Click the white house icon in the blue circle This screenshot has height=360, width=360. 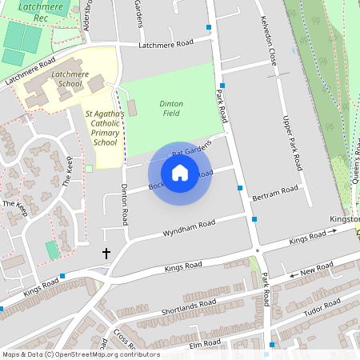pyautogui.click(x=180, y=172)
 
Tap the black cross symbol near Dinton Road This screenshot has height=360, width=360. pyautogui.click(x=106, y=253)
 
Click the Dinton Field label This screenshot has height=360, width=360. pyautogui.click(x=171, y=110)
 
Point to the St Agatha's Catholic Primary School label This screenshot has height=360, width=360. pyautogui.click(x=105, y=128)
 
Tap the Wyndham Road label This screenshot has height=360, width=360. pyautogui.click(x=190, y=227)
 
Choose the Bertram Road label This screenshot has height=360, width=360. pyautogui.click(x=274, y=193)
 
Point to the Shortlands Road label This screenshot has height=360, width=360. pyautogui.click(x=189, y=306)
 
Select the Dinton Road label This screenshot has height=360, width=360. pyautogui.click(x=124, y=203)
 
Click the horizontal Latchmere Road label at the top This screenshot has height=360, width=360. pyautogui.click(x=166, y=44)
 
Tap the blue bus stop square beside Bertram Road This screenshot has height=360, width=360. pyautogui.click(x=240, y=188)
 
